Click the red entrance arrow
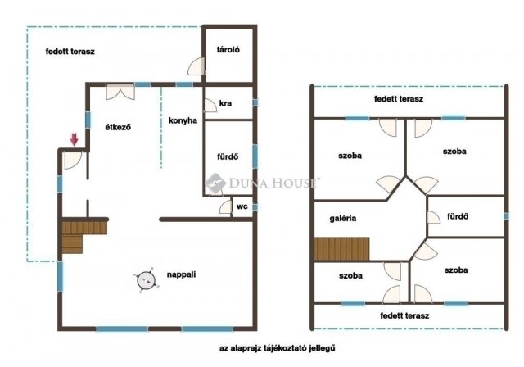(x=74, y=139)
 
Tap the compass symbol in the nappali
(x=147, y=280)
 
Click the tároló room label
(x=228, y=49)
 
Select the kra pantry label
(x=226, y=103)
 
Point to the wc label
(x=242, y=206)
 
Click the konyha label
(x=183, y=120)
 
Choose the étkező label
(x=118, y=127)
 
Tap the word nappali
(x=181, y=274)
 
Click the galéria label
(x=343, y=219)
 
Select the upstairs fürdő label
(x=458, y=216)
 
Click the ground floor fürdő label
(x=228, y=156)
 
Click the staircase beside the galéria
(x=341, y=249)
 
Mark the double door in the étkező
(x=120, y=92)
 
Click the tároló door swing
(x=196, y=66)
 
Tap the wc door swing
(x=226, y=207)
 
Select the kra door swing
(x=210, y=106)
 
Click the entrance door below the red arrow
(x=73, y=160)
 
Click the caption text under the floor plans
(x=278, y=348)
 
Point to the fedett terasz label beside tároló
(x=70, y=52)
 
